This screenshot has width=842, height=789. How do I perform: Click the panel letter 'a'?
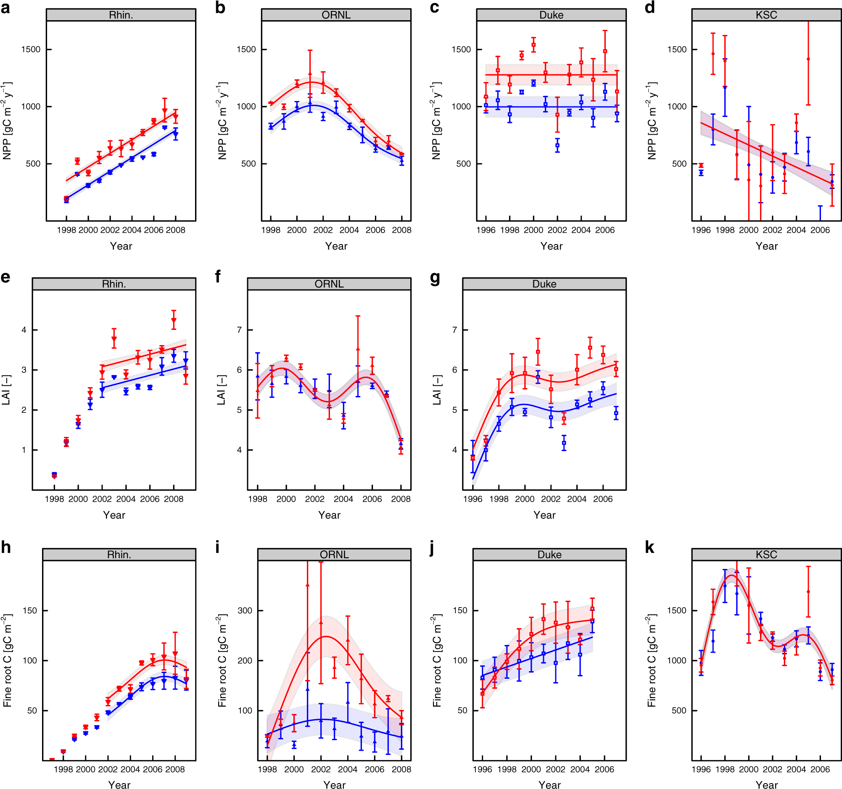pyautogui.click(x=5, y=8)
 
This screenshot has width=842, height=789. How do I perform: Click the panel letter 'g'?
pyautogui.click(x=435, y=278)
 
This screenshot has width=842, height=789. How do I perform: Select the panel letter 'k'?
pyautogui.click(x=649, y=548)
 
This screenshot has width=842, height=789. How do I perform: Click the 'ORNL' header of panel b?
pyautogui.click(x=336, y=15)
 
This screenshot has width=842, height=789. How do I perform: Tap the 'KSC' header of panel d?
pyautogui.click(x=766, y=15)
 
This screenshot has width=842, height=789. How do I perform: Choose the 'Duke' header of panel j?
pyautogui.click(x=549, y=555)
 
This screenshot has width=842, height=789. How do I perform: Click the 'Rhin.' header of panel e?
pyautogui.click(x=114, y=284)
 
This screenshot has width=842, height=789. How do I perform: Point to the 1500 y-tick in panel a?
pyautogui.click(x=31, y=50)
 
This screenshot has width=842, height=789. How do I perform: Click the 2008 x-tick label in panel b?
pyautogui.click(x=401, y=230)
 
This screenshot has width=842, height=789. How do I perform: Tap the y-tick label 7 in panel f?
pyautogui.click(x=239, y=330)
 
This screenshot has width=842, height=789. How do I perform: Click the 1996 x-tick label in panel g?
pyautogui.click(x=472, y=499)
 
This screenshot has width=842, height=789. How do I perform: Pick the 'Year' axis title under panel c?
pyautogui.click(x=551, y=246)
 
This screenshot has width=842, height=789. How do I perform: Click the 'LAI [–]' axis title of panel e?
pyautogui.click(x=6, y=390)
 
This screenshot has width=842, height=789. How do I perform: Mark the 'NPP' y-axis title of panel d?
pyautogui.click(x=652, y=121)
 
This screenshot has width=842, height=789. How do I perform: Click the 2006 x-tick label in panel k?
pyautogui.click(x=820, y=770)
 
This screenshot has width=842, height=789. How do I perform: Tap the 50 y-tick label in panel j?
pyautogui.click(x=462, y=711)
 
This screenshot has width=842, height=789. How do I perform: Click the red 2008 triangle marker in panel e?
pyautogui.click(x=174, y=321)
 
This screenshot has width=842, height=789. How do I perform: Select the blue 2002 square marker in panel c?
pyautogui.click(x=557, y=146)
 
